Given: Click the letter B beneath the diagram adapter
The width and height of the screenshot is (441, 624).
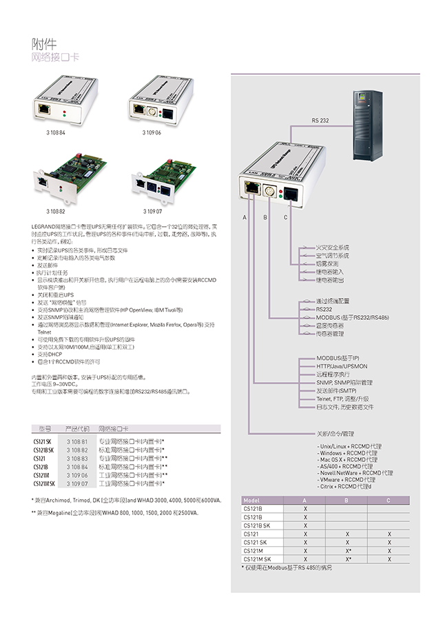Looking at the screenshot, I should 265,218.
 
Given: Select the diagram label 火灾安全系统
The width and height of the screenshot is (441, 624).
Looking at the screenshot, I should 332,247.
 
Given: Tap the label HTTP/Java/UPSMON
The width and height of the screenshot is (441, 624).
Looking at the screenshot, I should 342,366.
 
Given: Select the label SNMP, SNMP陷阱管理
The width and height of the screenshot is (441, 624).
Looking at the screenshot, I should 345,382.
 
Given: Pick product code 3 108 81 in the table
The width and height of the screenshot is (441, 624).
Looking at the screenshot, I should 77,441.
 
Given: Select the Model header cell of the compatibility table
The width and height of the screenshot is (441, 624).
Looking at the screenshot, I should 252,501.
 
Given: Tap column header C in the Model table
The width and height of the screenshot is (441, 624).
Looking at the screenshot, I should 389,501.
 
